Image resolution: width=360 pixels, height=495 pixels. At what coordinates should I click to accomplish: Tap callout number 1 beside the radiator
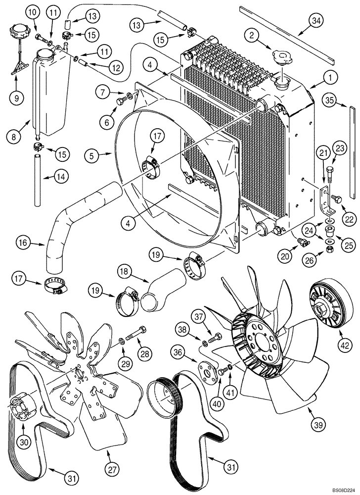[328, 77]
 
